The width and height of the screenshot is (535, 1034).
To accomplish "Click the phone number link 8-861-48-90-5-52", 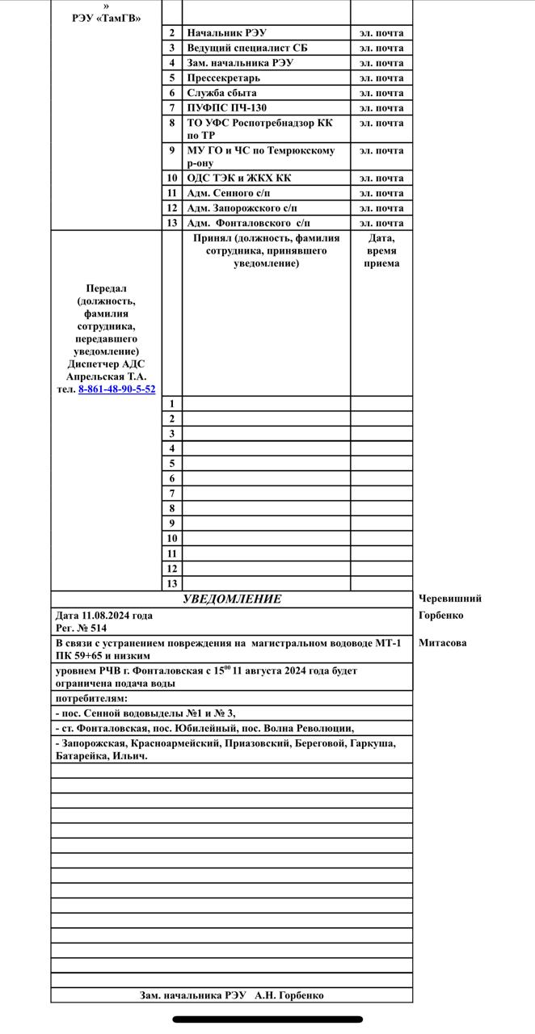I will tap(116, 389).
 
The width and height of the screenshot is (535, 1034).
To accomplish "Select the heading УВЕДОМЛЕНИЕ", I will tap(232, 599).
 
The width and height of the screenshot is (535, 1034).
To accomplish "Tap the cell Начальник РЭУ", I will tap(226, 33).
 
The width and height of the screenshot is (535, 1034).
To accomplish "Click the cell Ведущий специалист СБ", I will tap(247, 48).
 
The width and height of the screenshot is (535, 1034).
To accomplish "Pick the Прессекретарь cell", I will tap(224, 78).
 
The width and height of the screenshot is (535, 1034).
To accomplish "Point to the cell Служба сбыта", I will tap(221, 93).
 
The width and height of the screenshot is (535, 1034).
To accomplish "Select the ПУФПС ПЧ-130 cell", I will tap(226, 108).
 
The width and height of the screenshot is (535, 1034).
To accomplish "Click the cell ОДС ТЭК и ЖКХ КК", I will tap(239, 179).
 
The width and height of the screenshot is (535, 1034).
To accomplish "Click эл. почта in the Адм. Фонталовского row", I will tap(381, 223).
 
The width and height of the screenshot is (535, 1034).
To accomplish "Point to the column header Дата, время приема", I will tap(381, 250).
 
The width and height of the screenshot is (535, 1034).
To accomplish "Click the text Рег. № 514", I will tap(81, 628).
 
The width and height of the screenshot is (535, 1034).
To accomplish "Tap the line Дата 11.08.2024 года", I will tap(103, 616).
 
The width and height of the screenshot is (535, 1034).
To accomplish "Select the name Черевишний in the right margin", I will tap(450, 599).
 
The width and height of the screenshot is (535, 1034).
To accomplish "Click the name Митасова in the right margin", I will tap(442, 643).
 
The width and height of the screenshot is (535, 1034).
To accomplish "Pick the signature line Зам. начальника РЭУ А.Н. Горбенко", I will tap(232, 995).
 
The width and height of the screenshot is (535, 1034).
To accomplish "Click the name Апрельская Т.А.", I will tap(107, 376).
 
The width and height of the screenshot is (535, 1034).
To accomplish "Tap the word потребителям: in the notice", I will tap(91, 698).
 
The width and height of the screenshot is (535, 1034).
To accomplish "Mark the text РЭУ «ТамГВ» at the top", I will tap(107, 18).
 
